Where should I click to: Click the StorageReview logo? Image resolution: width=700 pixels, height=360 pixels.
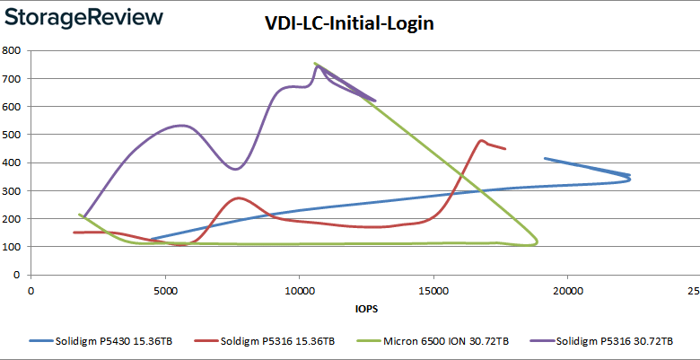point(83,17)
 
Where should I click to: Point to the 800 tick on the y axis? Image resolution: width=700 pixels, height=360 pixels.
point(13,51)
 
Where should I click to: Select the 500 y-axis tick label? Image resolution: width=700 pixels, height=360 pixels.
point(13,135)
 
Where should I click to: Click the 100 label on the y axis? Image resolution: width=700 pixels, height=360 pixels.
point(13,247)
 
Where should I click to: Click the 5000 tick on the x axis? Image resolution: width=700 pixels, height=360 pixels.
point(165,290)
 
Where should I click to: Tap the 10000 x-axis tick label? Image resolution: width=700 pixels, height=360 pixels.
point(299,290)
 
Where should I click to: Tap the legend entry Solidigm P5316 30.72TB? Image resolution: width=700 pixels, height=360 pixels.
point(610,341)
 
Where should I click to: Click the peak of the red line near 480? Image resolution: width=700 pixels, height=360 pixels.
point(483,140)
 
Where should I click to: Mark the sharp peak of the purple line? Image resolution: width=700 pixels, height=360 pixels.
point(317,66)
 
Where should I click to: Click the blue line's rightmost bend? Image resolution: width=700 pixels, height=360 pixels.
point(630,179)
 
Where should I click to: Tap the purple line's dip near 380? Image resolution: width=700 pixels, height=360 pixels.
point(235,169)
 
